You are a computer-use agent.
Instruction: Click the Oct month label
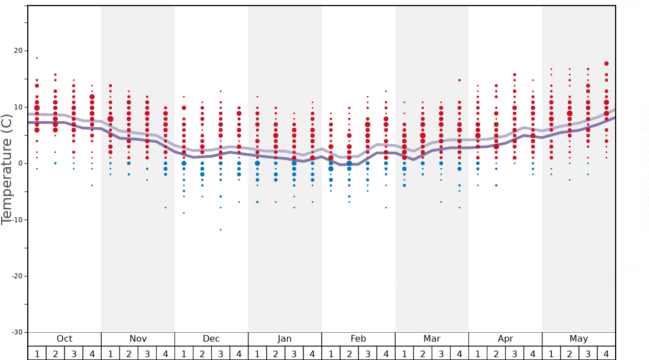coord(64,339)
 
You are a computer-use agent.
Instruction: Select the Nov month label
coord(138,339)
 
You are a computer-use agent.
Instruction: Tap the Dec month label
coord(211,339)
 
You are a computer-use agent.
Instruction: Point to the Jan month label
coord(284,339)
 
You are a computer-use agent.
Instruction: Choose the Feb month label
coord(358,339)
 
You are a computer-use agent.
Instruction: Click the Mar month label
coord(432,339)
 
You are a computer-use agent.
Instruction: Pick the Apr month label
coord(505,339)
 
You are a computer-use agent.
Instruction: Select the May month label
coord(578,339)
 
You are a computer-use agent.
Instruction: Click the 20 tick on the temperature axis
coord(18,51)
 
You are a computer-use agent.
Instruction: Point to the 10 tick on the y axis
coord(18,107)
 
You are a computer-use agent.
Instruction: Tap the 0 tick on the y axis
coord(20,163)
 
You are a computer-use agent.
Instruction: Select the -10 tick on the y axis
coord(17,220)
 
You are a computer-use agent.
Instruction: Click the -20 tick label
coord(17,276)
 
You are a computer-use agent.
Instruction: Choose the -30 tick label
coord(17,332)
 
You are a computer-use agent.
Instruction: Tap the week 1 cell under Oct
coord(37,353)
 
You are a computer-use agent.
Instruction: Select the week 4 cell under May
coord(606,353)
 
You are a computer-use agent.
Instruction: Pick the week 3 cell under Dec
coord(221,353)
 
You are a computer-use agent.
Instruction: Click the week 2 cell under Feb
coord(349,353)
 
